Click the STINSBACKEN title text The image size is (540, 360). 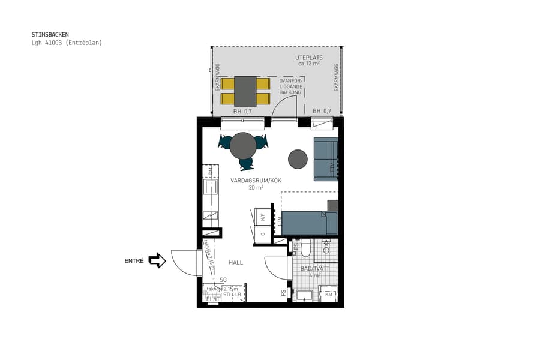pos(50,35)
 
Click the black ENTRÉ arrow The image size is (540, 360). pos(157,260)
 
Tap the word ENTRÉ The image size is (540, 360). pos(134,261)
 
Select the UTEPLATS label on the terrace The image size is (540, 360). pos(307,58)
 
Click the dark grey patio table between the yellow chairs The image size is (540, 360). pos(245,91)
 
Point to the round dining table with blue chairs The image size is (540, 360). pos(243,145)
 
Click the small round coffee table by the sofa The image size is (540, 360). pos(298,159)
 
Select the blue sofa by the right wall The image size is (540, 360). pos(326,159)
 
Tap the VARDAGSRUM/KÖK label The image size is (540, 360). pos(256,181)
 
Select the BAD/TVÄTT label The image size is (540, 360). pos(315,268)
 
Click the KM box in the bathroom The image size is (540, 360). pos(329,295)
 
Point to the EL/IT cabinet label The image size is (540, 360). pos(213,298)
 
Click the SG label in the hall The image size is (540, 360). pos(223,280)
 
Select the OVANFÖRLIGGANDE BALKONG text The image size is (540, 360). pos(290,86)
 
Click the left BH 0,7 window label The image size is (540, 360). pos(242,112)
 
